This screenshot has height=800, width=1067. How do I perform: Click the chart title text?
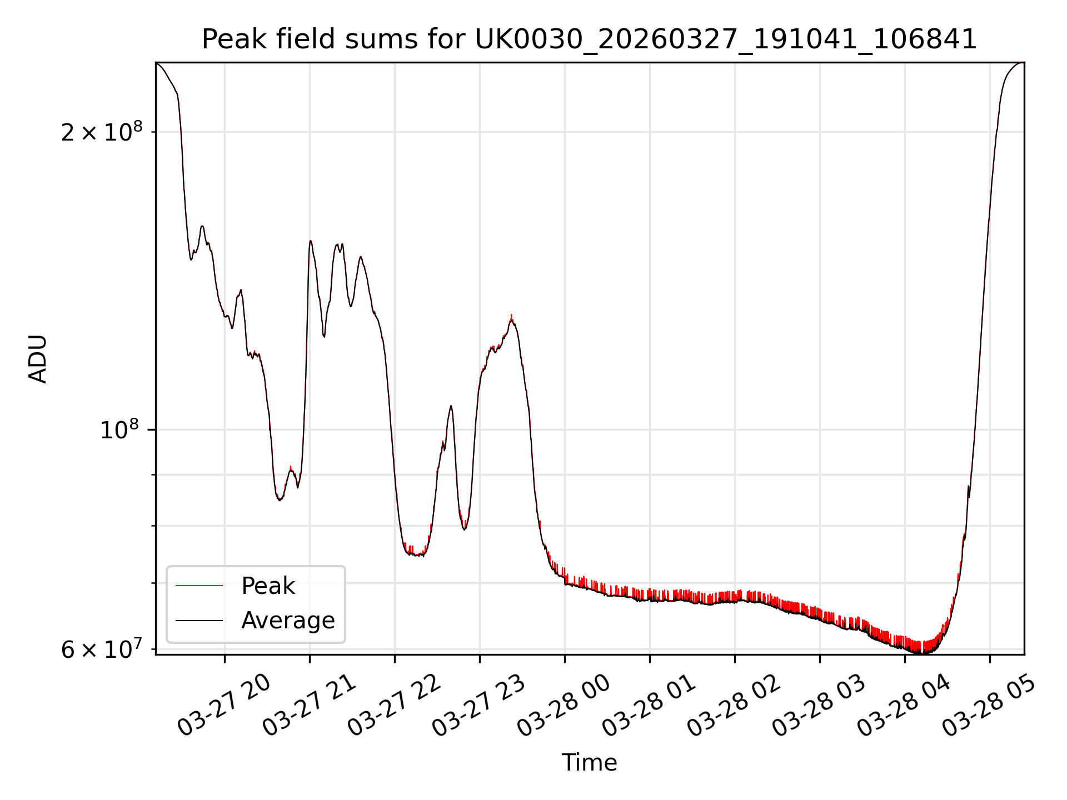589,40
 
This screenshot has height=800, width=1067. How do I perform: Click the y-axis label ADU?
38,358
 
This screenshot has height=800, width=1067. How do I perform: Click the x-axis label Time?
589,763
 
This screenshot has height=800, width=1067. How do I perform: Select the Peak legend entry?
268,586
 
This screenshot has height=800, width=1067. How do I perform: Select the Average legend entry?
288,621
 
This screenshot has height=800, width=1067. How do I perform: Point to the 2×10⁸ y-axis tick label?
102,132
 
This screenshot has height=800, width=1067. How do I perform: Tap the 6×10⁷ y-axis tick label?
102,649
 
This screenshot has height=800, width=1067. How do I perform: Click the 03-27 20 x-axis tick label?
224,706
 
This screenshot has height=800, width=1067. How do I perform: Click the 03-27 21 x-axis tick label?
309,706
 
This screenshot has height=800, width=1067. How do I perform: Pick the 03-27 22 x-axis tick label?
394,706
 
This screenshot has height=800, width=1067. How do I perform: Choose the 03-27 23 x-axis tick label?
479,706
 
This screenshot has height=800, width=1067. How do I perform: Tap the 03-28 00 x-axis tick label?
564,706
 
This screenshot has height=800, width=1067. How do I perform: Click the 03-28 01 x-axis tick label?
649,706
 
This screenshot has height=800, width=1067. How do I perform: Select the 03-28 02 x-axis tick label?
734,706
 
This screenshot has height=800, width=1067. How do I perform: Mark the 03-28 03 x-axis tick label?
819,706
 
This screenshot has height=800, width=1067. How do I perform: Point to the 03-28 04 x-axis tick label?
904,706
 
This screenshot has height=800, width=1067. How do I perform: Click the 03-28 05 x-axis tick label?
989,706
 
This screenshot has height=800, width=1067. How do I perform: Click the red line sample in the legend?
199,586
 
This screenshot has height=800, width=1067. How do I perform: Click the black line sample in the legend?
199,621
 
